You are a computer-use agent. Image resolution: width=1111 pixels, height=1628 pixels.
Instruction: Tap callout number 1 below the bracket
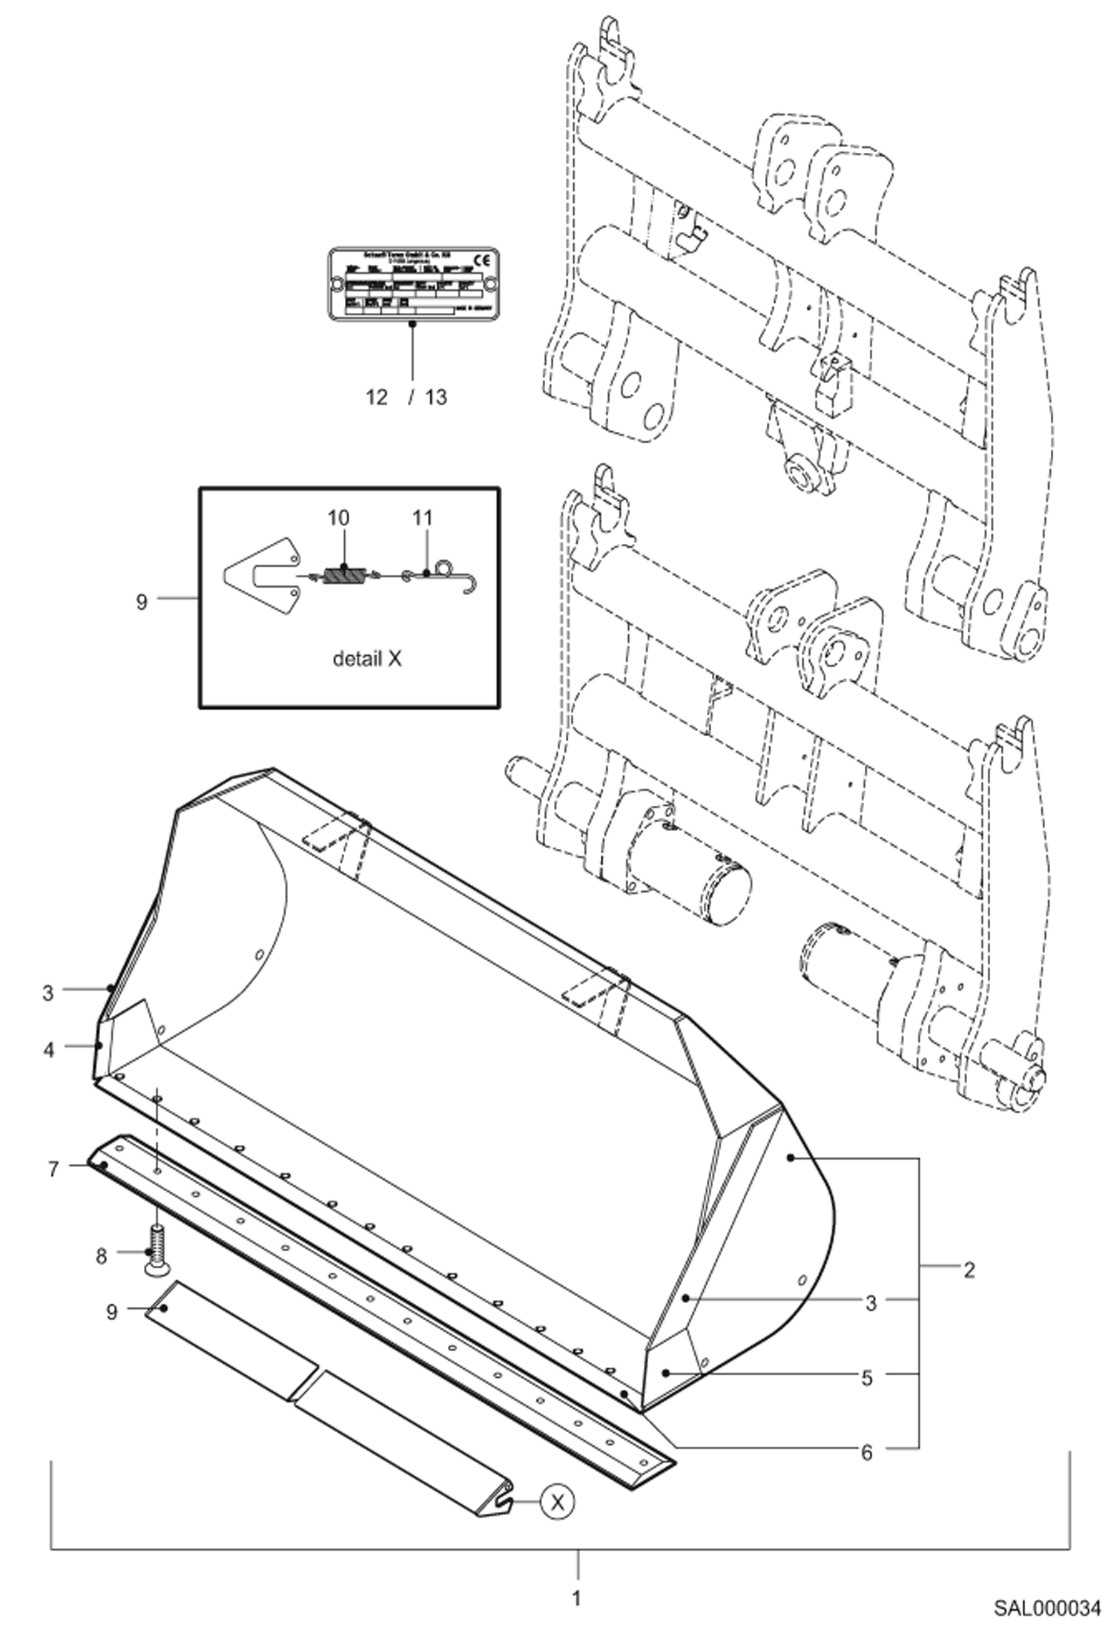coord(577,1597)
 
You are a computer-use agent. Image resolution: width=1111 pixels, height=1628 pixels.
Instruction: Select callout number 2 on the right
coord(969,1270)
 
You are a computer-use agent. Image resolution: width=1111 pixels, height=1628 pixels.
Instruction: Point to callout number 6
coord(866,1452)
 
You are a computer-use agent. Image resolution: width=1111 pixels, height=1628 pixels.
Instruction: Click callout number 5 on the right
coord(867,1378)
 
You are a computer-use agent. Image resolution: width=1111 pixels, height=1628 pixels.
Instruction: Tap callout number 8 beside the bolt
coord(101,1256)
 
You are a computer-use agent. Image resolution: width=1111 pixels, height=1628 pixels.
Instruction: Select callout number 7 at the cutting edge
coord(53,1170)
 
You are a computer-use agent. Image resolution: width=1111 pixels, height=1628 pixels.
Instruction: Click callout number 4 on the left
coord(49,1050)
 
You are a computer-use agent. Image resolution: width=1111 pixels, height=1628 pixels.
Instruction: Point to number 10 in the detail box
coord(338,518)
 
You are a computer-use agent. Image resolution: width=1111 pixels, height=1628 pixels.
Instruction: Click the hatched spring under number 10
coord(344,575)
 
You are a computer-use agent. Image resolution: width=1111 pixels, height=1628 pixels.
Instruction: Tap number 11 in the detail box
coord(422,518)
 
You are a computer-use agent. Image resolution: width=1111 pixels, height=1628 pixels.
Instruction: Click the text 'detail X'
coord(366,659)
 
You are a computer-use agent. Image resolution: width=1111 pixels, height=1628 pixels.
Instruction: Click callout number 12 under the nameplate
coord(377,398)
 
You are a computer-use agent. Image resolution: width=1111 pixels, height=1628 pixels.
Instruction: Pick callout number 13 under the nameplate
coord(436,398)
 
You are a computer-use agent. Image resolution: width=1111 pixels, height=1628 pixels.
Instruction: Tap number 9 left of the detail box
coord(142,602)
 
